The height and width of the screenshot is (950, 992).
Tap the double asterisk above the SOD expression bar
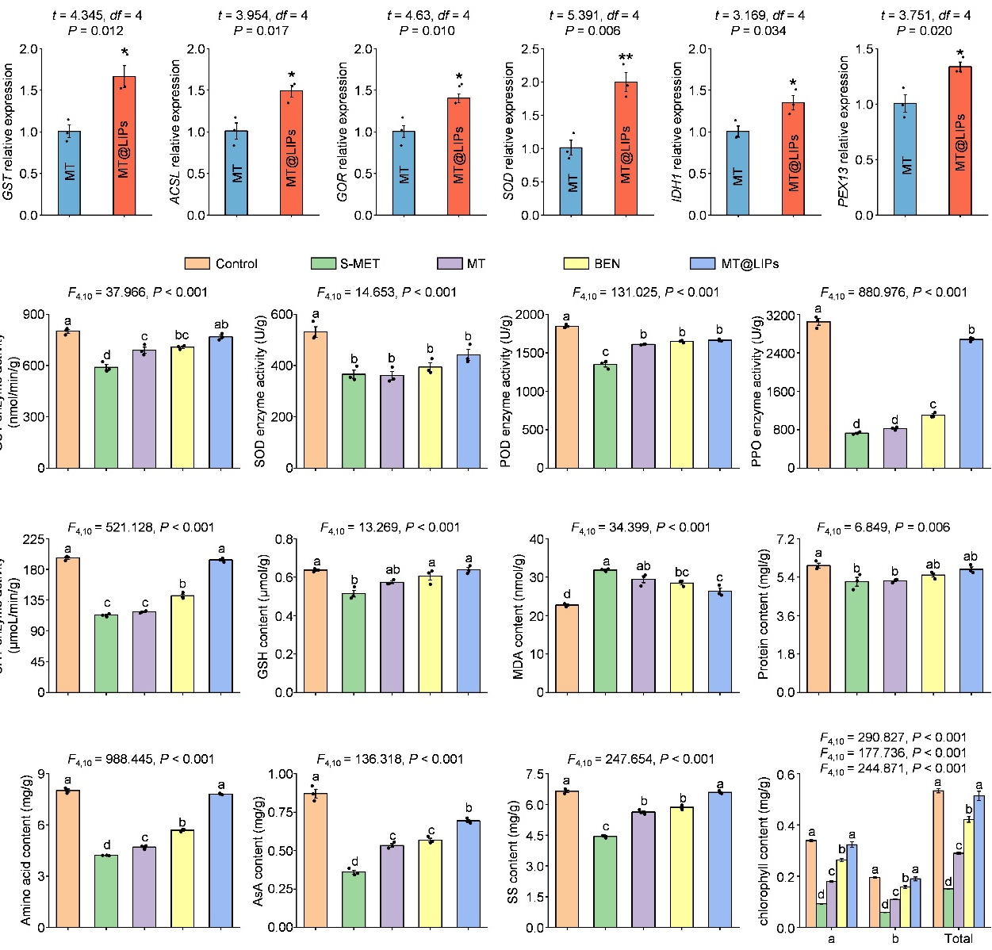click(x=626, y=58)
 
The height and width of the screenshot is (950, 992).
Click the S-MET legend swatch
click(x=324, y=263)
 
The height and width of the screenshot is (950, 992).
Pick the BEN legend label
click(x=607, y=263)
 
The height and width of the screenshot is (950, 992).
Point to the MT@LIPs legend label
click(x=749, y=263)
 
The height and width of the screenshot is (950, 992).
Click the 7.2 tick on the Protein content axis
click(x=786, y=540)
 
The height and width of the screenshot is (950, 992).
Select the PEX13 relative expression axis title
click(x=844, y=131)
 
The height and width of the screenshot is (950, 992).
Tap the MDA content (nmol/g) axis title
click(x=519, y=616)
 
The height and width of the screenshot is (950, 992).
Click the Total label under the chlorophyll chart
click(x=958, y=939)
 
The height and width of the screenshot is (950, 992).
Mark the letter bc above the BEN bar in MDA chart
click(x=681, y=572)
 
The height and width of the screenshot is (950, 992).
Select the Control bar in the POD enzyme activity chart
click(x=566, y=397)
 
